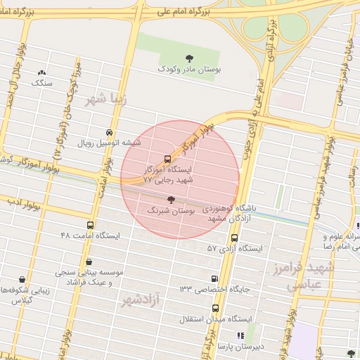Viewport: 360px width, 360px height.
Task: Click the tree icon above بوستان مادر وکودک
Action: pyautogui.click(x=188, y=58)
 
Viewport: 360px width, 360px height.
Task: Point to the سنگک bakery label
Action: pyautogui.click(x=41, y=83)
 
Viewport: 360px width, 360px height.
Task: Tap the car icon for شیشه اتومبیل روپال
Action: pyautogui.click(x=109, y=132)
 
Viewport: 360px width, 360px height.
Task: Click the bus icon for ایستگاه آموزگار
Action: pyautogui.click(x=167, y=159)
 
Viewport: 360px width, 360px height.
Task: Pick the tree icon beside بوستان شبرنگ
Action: pyautogui.click(x=172, y=200)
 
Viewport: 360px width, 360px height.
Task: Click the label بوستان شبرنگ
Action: pyautogui.click(x=172, y=211)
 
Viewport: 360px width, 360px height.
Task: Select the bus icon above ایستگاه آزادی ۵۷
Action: pyautogui.click(x=233, y=238)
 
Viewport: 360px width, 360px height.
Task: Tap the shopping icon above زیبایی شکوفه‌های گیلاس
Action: pyautogui.click(x=22, y=278)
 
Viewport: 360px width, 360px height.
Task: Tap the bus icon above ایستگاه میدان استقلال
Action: pyautogui.click(x=214, y=307)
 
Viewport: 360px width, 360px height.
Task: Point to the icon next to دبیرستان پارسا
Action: pyautogui.click(x=240, y=336)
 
